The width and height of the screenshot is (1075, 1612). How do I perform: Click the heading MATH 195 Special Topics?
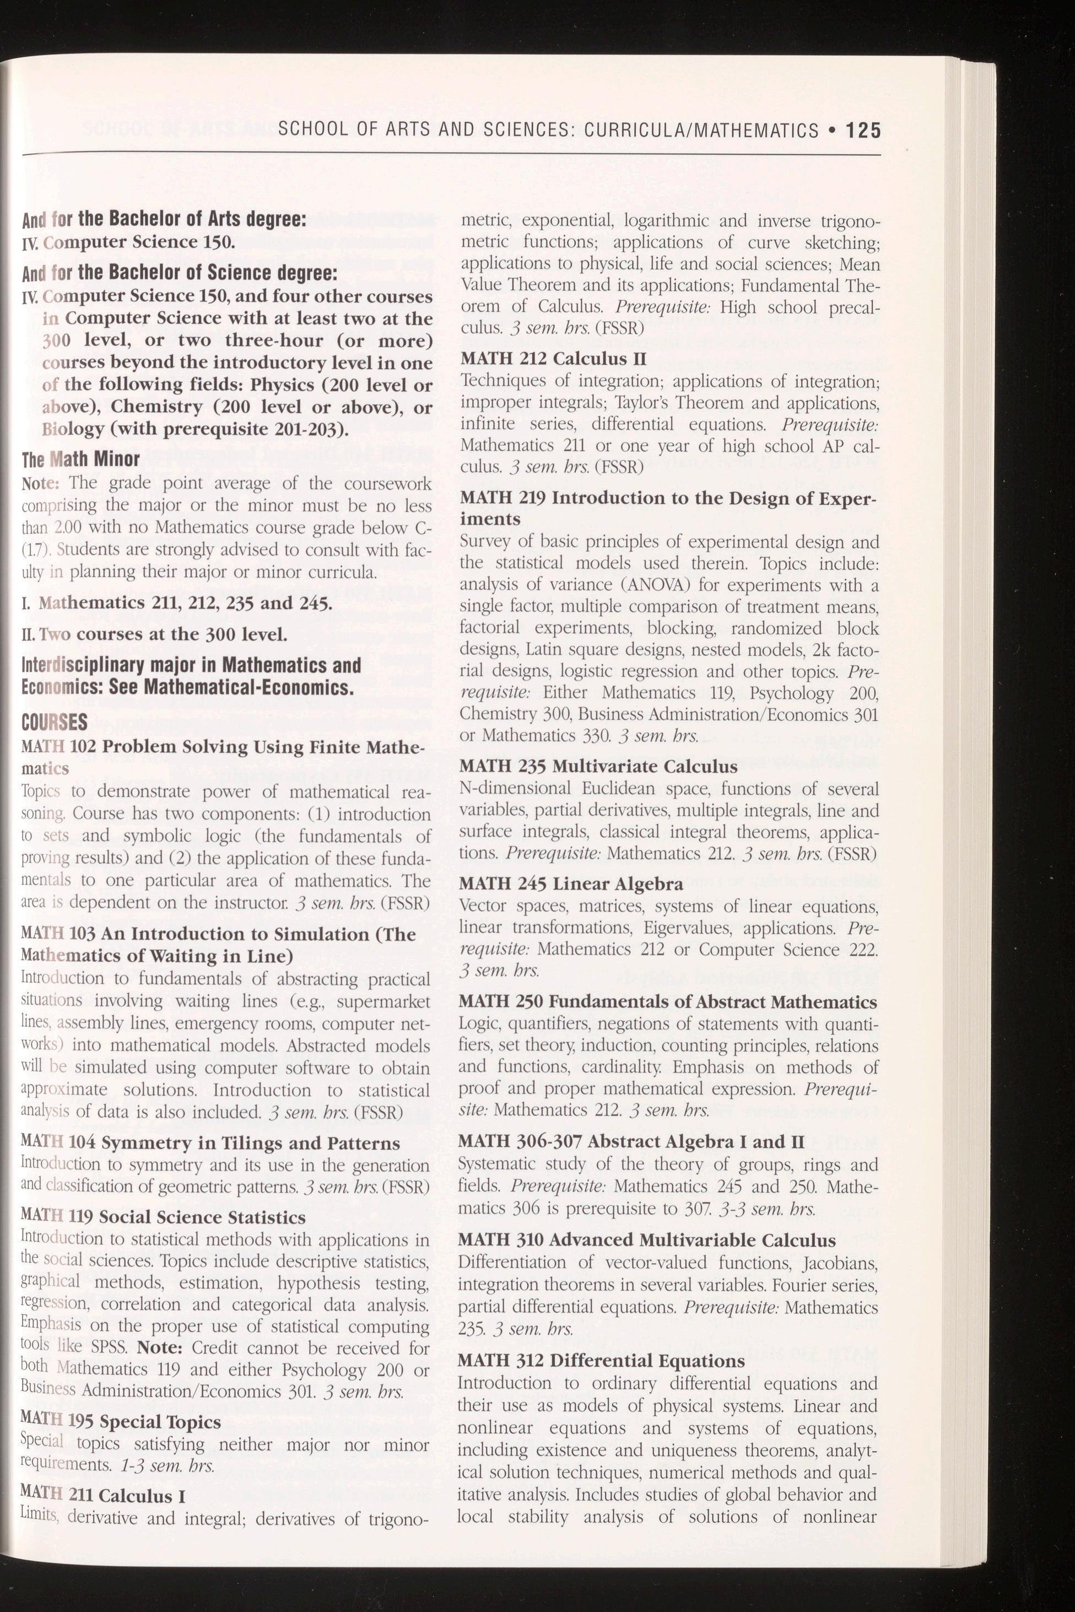point(121,1421)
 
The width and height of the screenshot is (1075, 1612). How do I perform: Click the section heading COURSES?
point(55,721)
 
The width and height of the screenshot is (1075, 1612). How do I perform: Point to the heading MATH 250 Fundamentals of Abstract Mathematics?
point(668,1002)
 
